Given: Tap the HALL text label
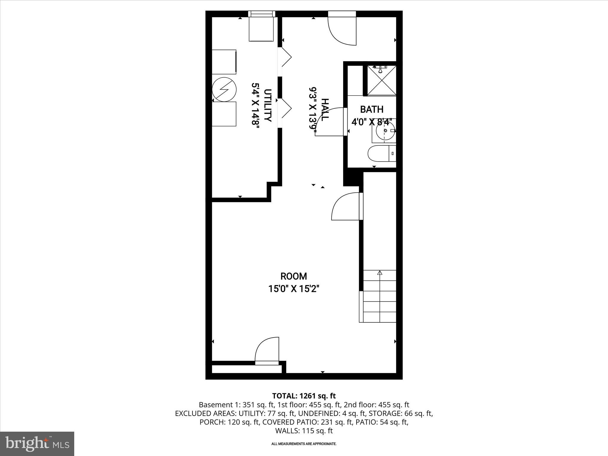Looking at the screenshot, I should [x=325, y=110].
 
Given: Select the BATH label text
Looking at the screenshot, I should [x=372, y=109].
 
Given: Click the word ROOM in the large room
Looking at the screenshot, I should [x=294, y=276].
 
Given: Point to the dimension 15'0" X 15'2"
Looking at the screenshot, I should [x=294, y=289].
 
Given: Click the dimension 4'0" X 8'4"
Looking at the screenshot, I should [x=372, y=122].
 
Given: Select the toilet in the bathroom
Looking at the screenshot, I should [x=381, y=154].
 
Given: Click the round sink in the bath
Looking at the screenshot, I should [x=385, y=131].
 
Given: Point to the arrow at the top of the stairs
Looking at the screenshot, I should [x=379, y=273].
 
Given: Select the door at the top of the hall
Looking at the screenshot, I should [x=341, y=30].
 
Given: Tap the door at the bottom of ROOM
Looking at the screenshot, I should [x=267, y=350].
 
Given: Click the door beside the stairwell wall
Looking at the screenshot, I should [x=346, y=207].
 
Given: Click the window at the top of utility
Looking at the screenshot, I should [x=262, y=14].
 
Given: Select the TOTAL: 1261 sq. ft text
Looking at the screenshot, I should [x=304, y=396].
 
